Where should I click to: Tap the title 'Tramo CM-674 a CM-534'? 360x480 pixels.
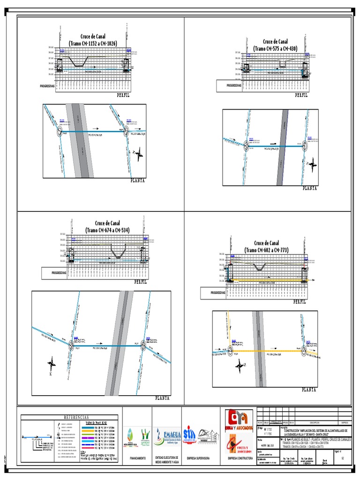point(107,230)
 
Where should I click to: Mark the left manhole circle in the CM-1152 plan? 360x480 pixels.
point(60,132)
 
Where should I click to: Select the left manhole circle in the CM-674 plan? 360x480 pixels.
point(72,345)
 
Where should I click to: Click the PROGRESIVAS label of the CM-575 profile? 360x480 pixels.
point(234,86)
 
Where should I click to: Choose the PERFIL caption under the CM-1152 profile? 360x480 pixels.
point(123,95)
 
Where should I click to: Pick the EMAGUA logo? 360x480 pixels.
point(167,436)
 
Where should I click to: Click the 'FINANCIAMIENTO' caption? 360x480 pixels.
point(137,457)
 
